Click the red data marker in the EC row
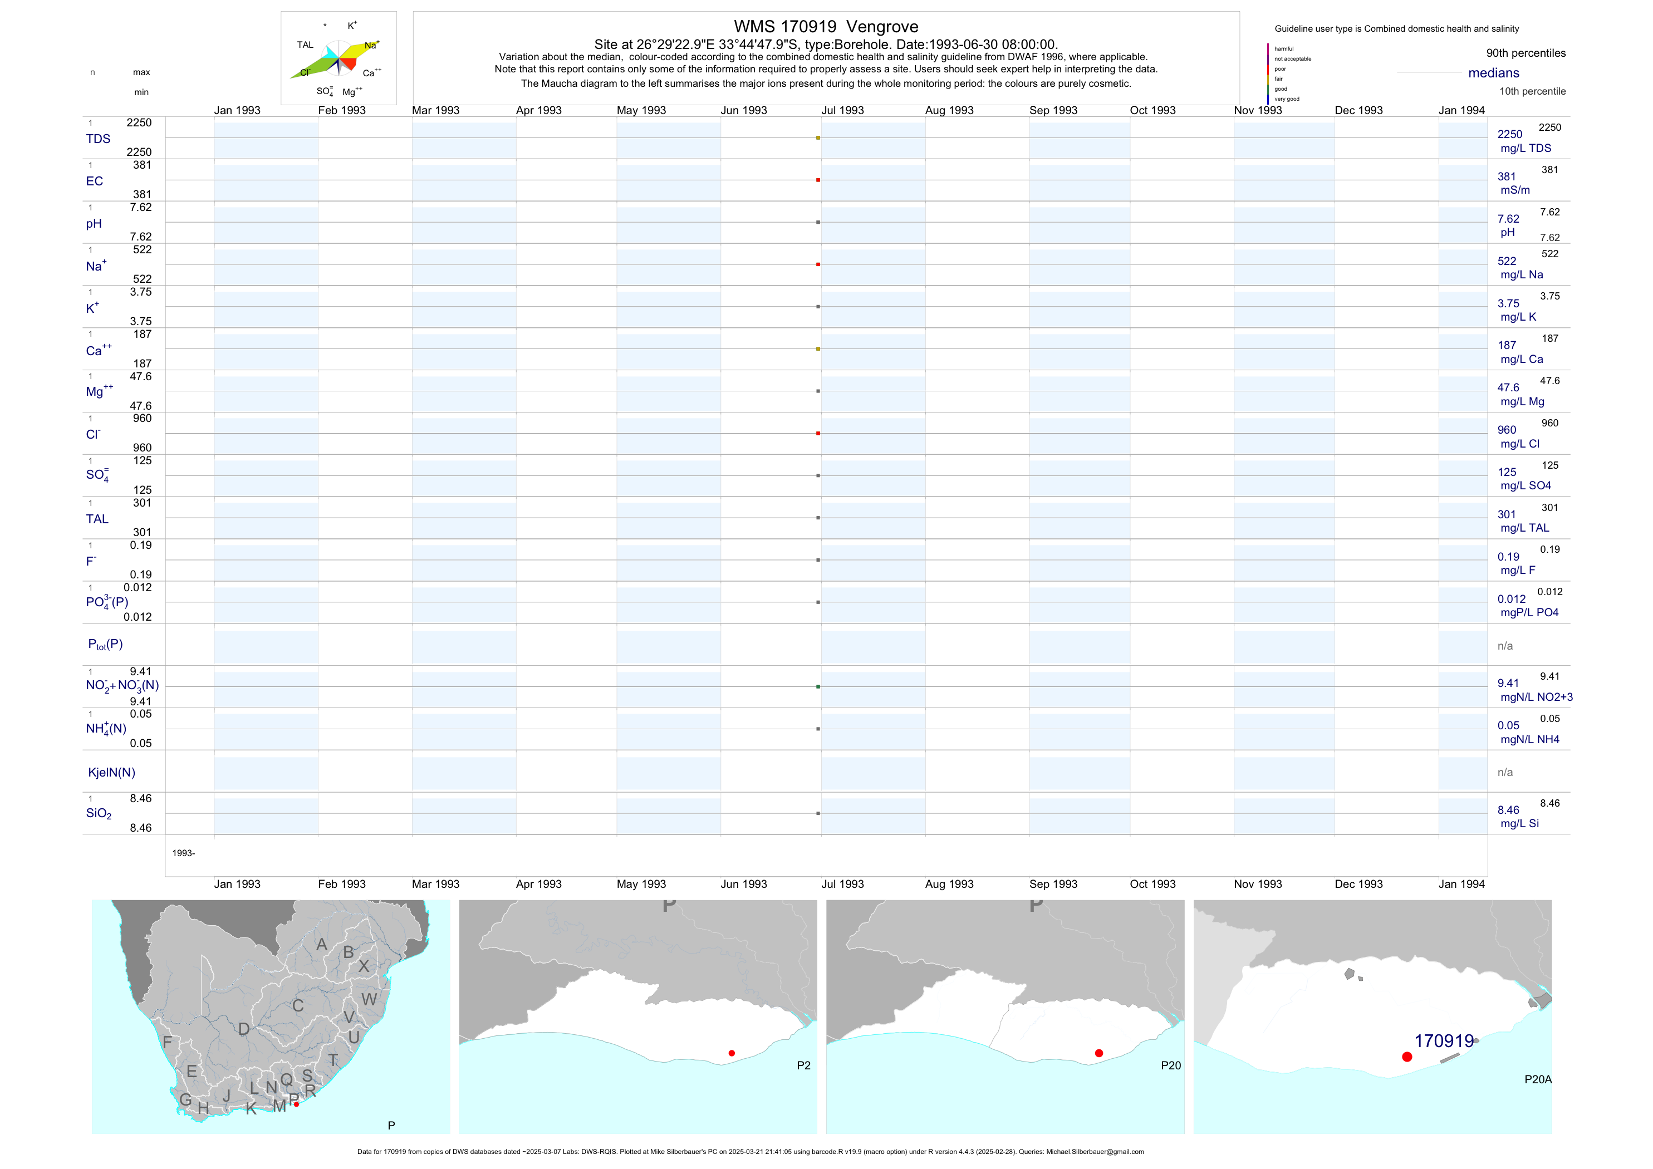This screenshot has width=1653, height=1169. pyautogui.click(x=818, y=180)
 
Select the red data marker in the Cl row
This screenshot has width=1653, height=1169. pyautogui.click(x=818, y=433)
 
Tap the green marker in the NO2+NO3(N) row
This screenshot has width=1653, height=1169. pyautogui.click(x=818, y=687)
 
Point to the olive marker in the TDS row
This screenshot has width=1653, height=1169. pyautogui.click(x=818, y=137)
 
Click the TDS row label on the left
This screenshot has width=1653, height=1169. pyautogui.click(x=98, y=139)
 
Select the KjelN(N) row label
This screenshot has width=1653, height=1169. pyautogui.click(x=111, y=773)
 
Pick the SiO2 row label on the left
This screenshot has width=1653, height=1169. pyautogui.click(x=99, y=813)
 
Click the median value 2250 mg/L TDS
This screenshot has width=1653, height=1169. pyautogui.click(x=1524, y=141)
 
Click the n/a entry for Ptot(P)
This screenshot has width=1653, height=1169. pyautogui.click(x=1505, y=646)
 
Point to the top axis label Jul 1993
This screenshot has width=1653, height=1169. pyautogui.click(x=842, y=110)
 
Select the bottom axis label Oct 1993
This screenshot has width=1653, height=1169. pyautogui.click(x=1152, y=884)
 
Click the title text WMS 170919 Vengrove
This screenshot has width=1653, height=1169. pyautogui.click(x=826, y=27)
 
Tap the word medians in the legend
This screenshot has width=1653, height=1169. pyautogui.click(x=1493, y=73)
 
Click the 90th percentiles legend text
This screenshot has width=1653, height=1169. pyautogui.click(x=1526, y=53)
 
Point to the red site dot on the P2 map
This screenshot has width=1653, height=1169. pyautogui.click(x=732, y=1053)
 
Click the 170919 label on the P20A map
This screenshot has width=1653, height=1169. pyautogui.click(x=1444, y=1041)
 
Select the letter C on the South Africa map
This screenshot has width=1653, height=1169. pyautogui.click(x=298, y=1005)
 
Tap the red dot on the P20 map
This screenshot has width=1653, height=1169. pyautogui.click(x=1098, y=1053)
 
